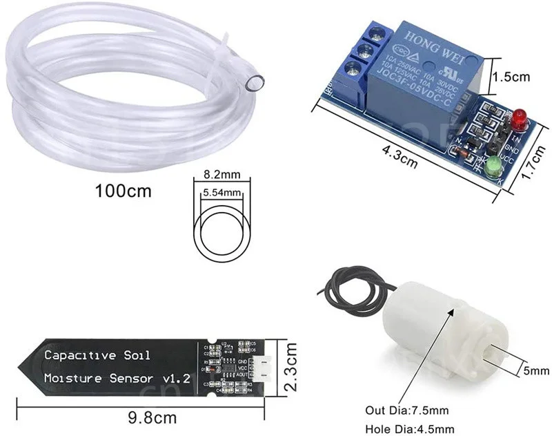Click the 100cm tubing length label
tap(123, 190)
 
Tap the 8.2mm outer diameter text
tap(220, 175)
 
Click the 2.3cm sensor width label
tap(293, 368)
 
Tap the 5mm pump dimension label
tap(535, 370)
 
